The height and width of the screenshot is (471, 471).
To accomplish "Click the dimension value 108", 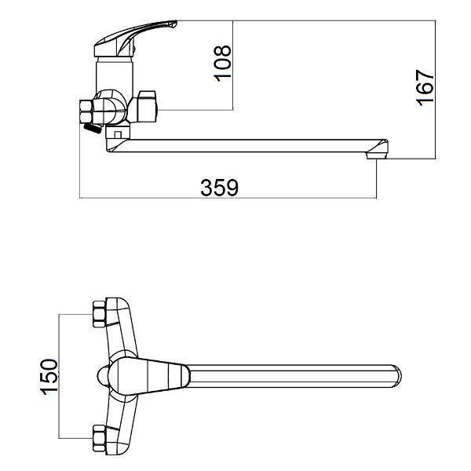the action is coord(223,64).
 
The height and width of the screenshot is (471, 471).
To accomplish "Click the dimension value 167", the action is coord(425,88).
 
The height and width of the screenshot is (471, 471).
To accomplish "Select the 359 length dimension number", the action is coord(219,188).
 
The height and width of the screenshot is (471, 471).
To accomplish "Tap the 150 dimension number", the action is coord(49,376).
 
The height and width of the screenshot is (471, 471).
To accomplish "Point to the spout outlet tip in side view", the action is coord(376,155).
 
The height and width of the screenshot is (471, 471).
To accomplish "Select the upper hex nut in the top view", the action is coord(99,314).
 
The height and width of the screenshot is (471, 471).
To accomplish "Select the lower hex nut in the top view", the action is coord(99,438).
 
